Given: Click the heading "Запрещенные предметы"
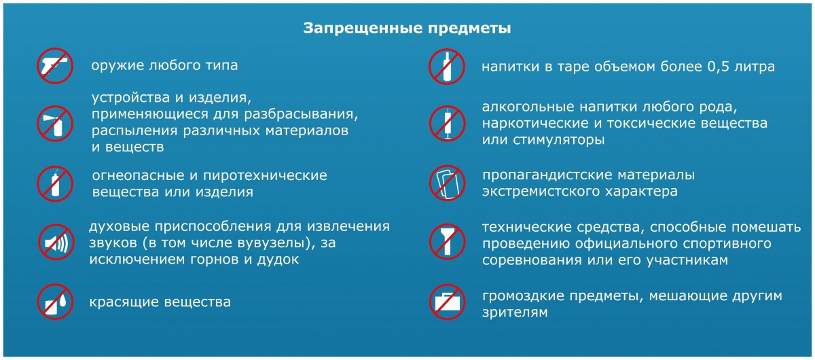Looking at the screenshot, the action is [407, 29].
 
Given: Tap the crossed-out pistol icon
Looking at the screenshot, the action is [55, 66].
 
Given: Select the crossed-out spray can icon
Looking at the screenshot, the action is [55, 124].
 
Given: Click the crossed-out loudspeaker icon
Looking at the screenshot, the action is [56, 242].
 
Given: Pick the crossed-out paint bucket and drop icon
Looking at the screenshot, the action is [55, 302].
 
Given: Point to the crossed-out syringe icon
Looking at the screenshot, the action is [447, 124].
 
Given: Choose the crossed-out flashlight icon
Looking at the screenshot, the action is [447, 242].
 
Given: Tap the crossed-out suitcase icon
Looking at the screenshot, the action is [447, 302].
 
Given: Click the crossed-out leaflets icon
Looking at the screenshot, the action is [447, 183].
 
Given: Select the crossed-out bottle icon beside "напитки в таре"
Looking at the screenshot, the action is [446, 67].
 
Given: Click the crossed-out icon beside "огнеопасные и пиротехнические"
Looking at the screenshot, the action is [55, 184].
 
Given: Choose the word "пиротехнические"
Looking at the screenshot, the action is [265, 176].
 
